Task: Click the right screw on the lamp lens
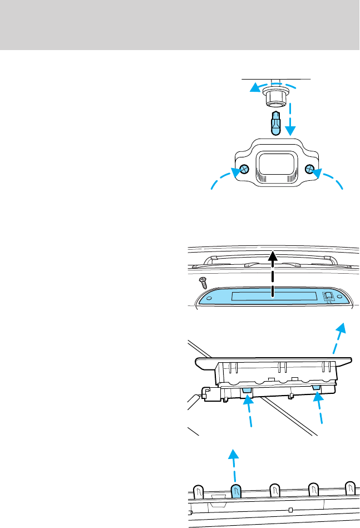click(x=310, y=169)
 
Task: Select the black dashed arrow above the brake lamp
click(x=273, y=275)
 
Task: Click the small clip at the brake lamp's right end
click(x=328, y=297)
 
